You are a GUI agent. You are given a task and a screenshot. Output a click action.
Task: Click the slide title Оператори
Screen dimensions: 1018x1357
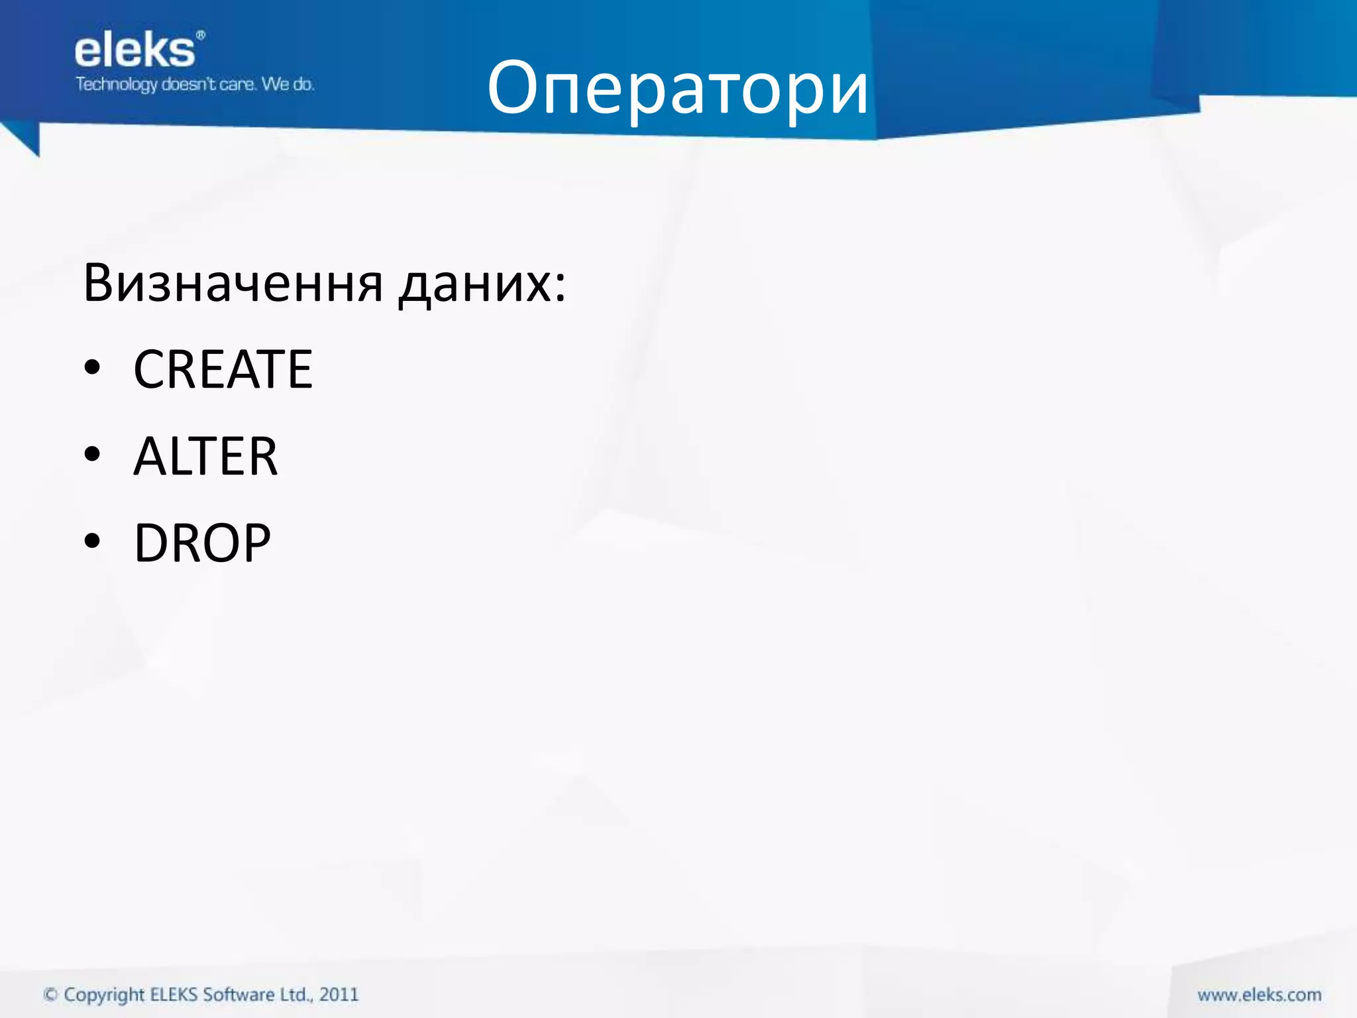pyautogui.click(x=677, y=88)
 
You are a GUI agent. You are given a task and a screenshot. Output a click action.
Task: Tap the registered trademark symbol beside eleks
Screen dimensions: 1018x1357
pyautogui.click(x=201, y=34)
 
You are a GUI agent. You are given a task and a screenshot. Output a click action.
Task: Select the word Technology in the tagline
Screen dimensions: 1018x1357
pyautogui.click(x=117, y=85)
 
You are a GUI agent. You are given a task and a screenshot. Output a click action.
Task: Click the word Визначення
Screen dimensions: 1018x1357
pyautogui.click(x=233, y=283)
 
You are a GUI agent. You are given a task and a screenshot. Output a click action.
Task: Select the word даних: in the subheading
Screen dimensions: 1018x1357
pyautogui.click(x=482, y=284)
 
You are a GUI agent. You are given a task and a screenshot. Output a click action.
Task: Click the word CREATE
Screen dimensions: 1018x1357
pyautogui.click(x=223, y=369)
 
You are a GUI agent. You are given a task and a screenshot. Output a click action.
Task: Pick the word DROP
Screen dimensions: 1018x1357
pyautogui.click(x=202, y=543)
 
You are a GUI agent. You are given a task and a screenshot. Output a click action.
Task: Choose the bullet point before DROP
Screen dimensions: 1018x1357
pyautogui.click(x=92, y=541)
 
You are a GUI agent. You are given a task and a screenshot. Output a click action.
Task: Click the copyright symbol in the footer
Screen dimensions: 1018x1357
pyautogui.click(x=50, y=995)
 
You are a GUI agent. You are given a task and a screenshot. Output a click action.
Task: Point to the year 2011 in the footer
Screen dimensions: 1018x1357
pyautogui.click(x=339, y=994)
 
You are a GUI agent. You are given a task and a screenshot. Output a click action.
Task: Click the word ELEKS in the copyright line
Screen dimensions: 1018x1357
pyautogui.click(x=174, y=994)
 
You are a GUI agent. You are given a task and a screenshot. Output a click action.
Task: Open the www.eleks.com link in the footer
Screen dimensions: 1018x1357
pyautogui.click(x=1259, y=995)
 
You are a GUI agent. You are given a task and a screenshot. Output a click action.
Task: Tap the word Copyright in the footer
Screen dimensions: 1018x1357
pyautogui.click(x=104, y=995)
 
